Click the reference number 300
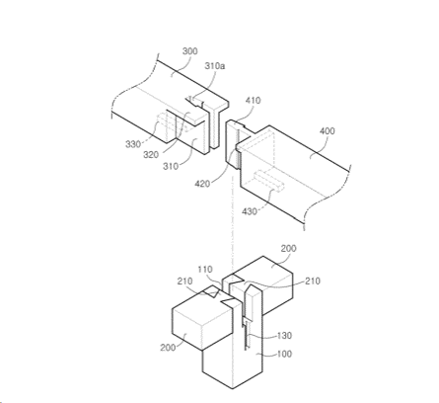tap(190, 51)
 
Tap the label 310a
tap(215, 66)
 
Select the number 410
tap(253, 101)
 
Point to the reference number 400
tap(328, 131)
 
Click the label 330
tap(133, 144)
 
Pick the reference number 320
tap(151, 154)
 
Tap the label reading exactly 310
tap(171, 166)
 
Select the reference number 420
tap(202, 184)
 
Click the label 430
tap(250, 211)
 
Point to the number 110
tap(205, 270)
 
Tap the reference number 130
tap(284, 336)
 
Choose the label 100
tap(284, 354)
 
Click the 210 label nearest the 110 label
tap(185, 282)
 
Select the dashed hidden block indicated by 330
tap(171, 122)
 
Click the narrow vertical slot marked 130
tap(247, 333)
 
